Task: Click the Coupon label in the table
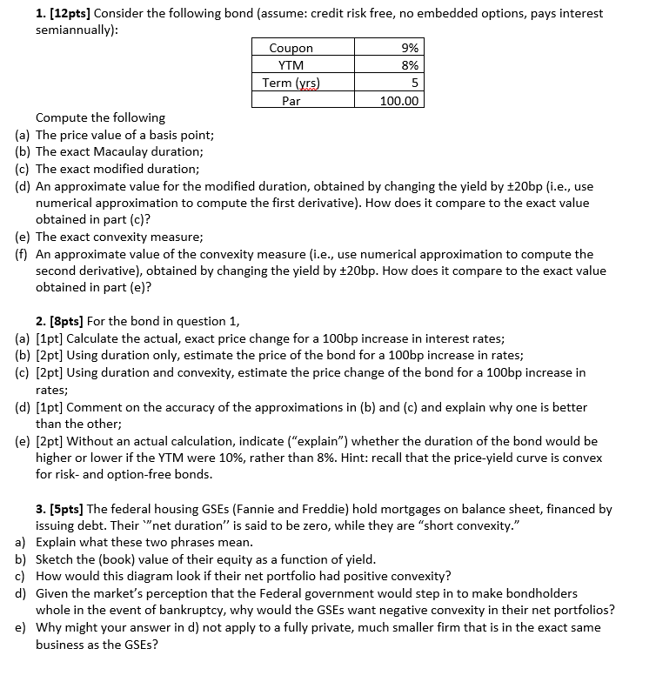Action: coord(291,49)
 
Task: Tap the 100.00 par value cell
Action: coord(399,100)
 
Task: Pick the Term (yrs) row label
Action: coord(291,83)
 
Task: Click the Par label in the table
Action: coord(291,100)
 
